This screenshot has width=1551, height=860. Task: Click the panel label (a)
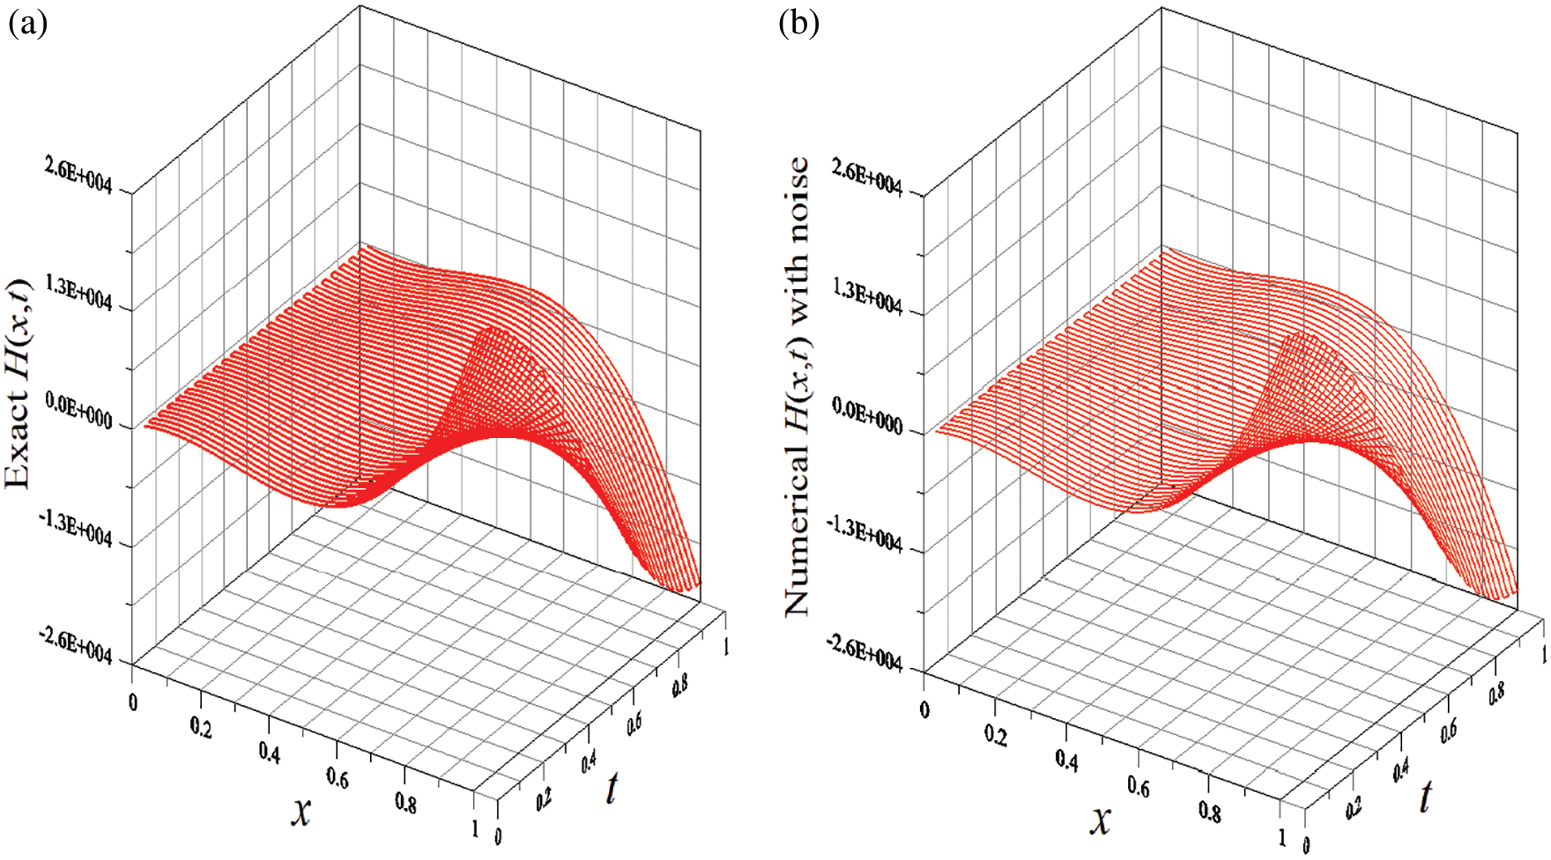point(27,24)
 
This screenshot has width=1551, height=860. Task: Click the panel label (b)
point(798,24)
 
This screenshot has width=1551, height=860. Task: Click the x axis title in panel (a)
point(301,811)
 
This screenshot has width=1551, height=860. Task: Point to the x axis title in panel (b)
point(1101,819)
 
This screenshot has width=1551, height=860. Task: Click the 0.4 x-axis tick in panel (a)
point(270,753)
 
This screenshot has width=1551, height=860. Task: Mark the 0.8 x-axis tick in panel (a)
point(406,803)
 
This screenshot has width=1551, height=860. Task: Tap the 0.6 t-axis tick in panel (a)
point(634,723)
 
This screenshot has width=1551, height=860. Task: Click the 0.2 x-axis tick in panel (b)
point(997,735)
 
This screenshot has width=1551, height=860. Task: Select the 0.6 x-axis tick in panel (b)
point(1138,787)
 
